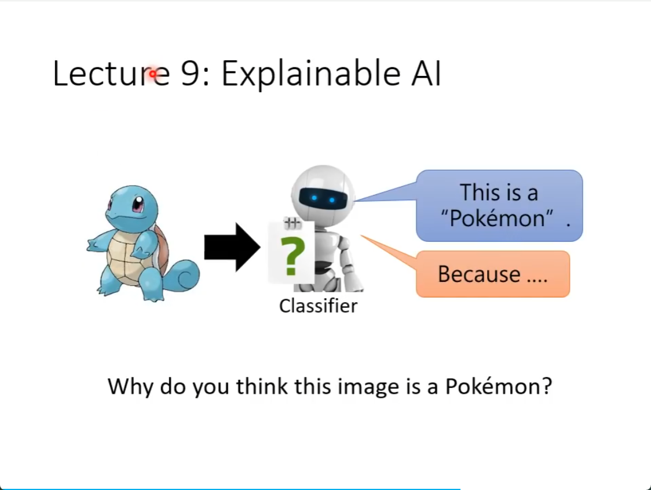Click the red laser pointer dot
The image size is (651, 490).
[153, 74]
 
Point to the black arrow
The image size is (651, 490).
[232, 247]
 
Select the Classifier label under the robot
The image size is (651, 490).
[318, 306]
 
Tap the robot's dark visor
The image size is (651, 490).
[323, 198]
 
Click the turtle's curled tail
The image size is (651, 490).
[182, 275]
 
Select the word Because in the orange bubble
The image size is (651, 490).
[479, 274]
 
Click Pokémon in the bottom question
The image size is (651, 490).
[493, 386]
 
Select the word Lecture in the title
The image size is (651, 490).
[111, 74]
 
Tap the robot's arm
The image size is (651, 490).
[347, 260]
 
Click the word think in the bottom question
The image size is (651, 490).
[262, 386]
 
